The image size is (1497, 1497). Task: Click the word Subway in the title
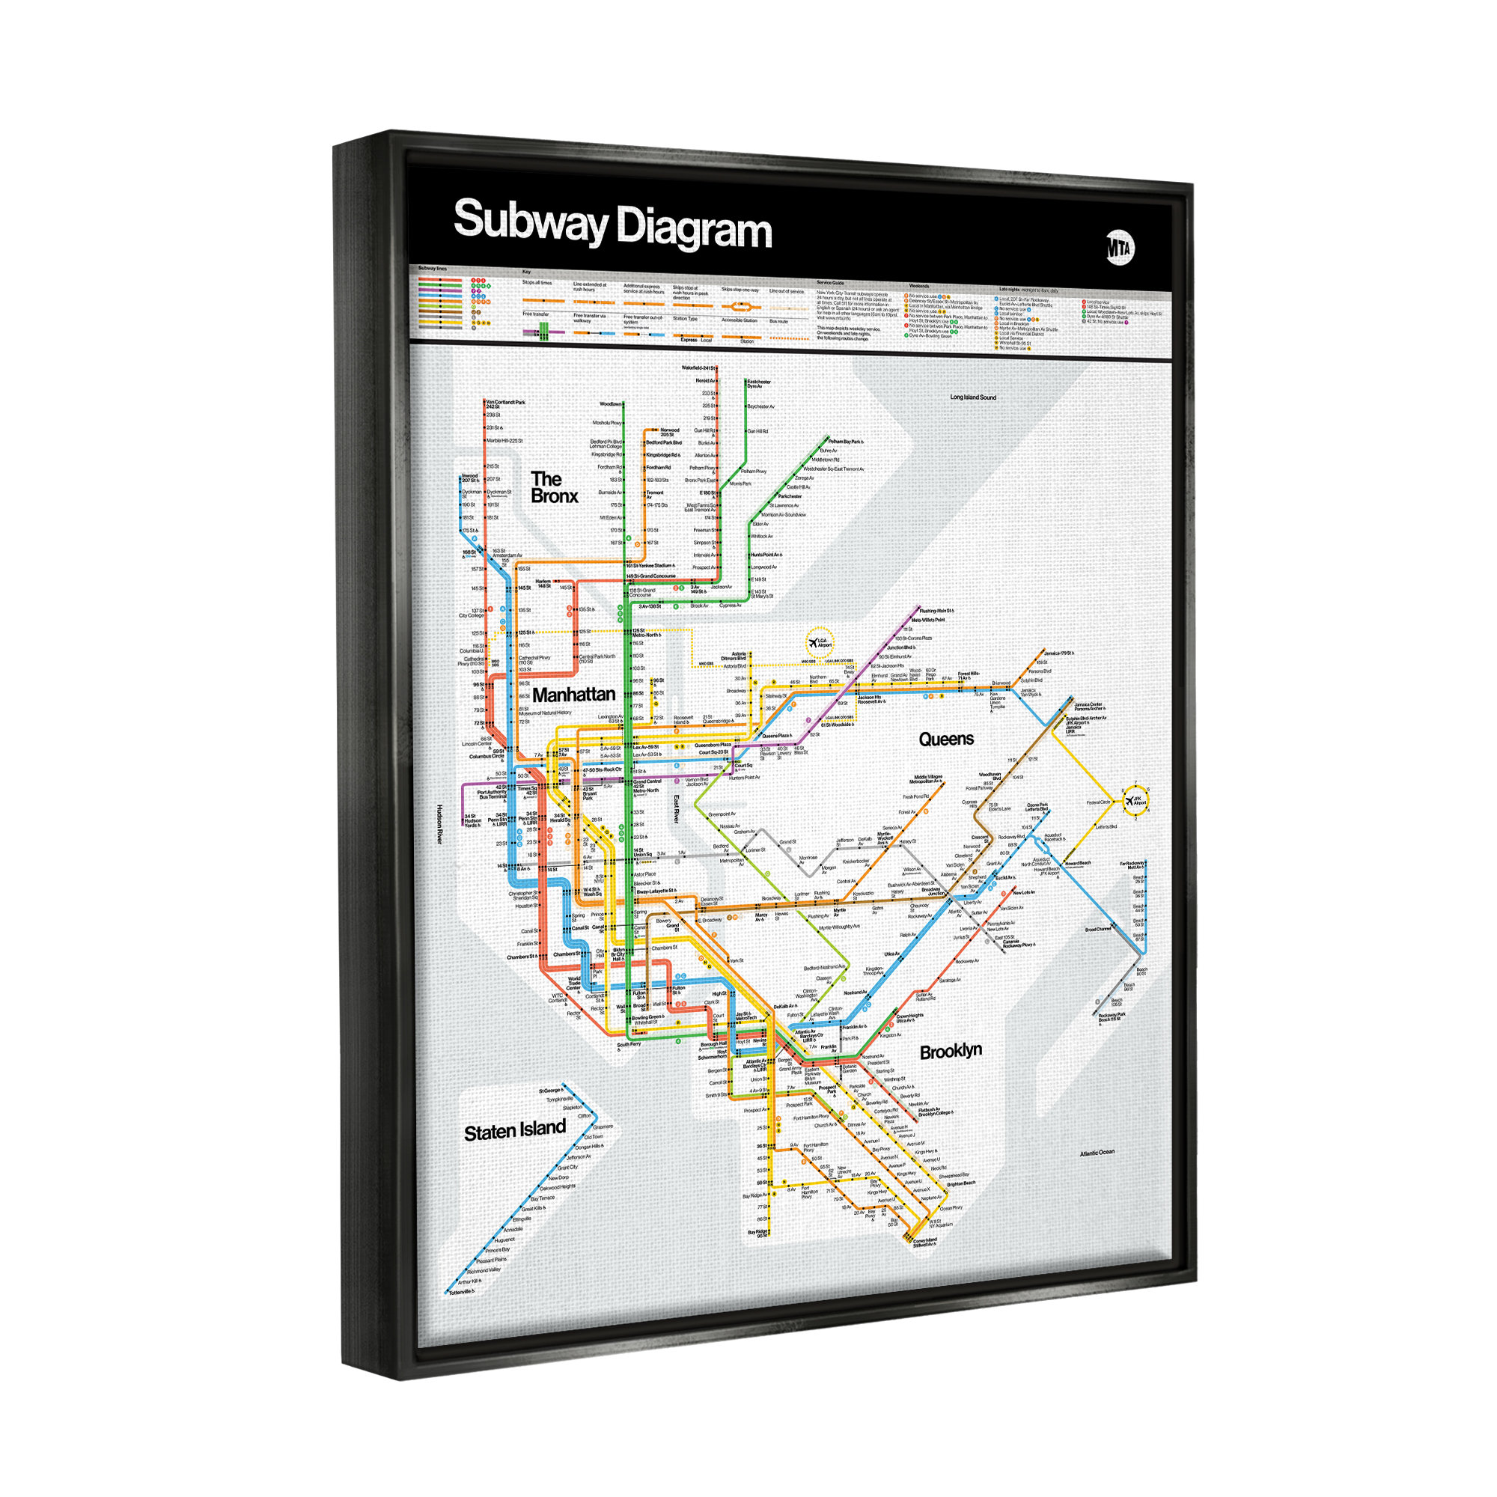pos(530,222)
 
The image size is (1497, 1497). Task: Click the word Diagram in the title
pos(694,229)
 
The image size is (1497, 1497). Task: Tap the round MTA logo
pos(1119,248)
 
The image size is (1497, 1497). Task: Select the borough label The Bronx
pos(553,487)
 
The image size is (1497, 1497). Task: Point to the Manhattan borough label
pos(573,695)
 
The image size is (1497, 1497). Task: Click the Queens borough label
pos(945,740)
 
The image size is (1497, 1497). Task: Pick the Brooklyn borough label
pos(951,1052)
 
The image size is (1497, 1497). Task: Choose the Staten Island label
pos(514,1130)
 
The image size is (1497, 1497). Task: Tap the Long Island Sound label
pos(973,397)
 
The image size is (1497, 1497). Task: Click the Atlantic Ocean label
pos(1097,1153)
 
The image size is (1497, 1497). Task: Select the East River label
pos(676,809)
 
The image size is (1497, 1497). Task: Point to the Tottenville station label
pos(462,1293)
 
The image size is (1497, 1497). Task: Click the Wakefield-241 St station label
pos(698,368)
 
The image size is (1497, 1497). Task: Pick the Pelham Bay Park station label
pos(845,442)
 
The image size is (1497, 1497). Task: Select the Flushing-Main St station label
pos(936,611)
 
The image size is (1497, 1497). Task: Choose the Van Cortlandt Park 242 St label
pos(505,404)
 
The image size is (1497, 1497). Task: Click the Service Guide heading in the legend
pos(830,283)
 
